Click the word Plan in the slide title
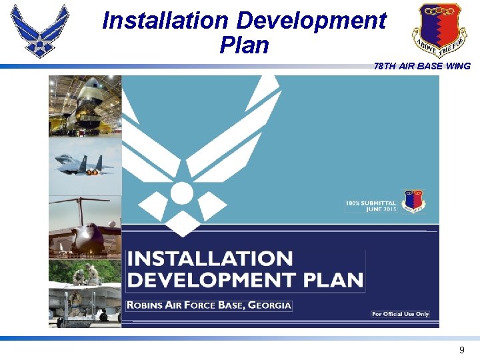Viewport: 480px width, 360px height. coord(243,45)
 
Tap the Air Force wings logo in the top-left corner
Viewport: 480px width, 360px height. coord(40,30)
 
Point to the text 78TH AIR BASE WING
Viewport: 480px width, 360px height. coord(422,66)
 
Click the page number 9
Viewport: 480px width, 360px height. coord(461,350)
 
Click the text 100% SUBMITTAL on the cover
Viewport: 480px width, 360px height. coord(371,203)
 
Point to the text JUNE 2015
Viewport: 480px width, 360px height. coord(381,209)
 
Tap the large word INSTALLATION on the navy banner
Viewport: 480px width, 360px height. coord(210,259)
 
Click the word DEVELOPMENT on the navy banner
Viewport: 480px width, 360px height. coord(211,280)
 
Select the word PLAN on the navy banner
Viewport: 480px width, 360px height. coord(332,280)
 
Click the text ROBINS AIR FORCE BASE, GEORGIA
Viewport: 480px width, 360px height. coord(209,305)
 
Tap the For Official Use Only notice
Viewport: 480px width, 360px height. coord(400,314)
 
